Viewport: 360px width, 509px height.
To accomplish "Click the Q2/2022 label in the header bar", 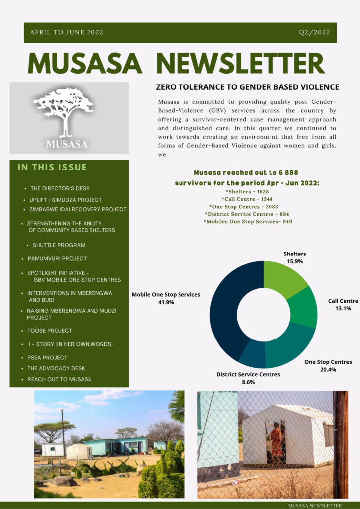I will [x=314, y=32].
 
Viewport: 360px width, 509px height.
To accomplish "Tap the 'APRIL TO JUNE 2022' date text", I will [x=67, y=32].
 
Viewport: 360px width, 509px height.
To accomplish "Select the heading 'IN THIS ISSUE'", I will [x=52, y=168].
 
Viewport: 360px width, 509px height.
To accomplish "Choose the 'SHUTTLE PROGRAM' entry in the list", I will [x=59, y=245].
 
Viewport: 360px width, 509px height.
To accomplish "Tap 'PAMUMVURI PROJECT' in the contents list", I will [x=57, y=259].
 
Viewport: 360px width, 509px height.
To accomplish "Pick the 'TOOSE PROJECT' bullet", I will [x=49, y=331].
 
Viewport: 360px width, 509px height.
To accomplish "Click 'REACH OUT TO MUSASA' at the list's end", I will [x=59, y=379].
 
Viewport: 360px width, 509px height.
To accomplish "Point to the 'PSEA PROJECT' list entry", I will [x=47, y=357].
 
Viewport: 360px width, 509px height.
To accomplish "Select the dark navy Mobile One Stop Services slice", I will [x=225, y=308].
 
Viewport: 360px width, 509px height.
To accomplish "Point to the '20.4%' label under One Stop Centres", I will [x=328, y=370].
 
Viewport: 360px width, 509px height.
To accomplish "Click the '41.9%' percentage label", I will [x=166, y=302].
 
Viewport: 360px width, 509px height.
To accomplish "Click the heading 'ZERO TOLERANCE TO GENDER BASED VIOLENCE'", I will [x=247, y=87].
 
